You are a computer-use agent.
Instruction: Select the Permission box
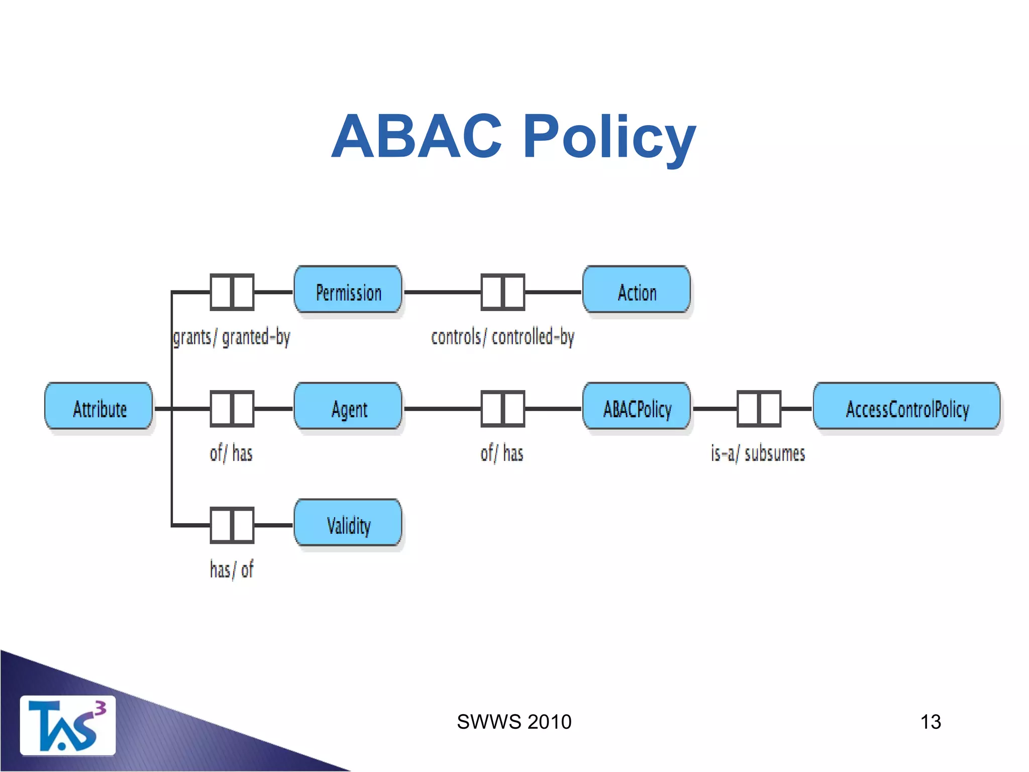[348, 290]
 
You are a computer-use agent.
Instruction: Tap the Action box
[637, 290]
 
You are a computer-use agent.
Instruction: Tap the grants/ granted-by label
[231, 337]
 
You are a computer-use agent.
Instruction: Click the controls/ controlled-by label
[502, 337]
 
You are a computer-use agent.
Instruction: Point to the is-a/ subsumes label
[758, 453]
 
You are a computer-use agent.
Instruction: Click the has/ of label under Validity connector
[231, 570]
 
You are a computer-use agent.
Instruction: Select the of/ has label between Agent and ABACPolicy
[502, 453]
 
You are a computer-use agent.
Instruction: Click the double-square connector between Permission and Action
[502, 292]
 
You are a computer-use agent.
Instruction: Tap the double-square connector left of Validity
[232, 525]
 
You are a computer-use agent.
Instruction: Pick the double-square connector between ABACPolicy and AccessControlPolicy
[759, 409]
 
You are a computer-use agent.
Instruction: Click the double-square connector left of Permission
[232, 292]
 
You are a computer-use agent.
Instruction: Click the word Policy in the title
[609, 137]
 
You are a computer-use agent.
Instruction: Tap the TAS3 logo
[67, 725]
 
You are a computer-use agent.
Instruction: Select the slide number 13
[931, 722]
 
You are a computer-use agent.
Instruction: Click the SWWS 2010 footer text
[514, 722]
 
